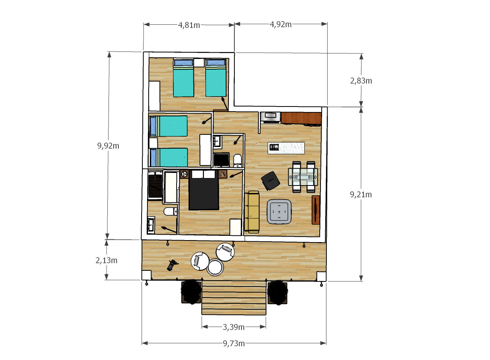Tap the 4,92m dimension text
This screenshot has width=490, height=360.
[281, 24]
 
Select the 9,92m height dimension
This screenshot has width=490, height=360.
[108, 146]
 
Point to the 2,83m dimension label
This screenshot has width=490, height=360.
[361, 81]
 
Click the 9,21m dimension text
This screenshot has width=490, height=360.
[361, 195]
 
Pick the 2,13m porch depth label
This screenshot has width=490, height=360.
[106, 261]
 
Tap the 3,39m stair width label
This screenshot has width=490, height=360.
[234, 327]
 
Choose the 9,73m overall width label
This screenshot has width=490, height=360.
[234, 343]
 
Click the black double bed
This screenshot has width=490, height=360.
[204, 190]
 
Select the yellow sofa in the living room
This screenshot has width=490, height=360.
[252, 211]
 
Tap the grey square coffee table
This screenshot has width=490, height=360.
[279, 211]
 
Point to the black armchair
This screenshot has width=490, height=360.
[271, 181]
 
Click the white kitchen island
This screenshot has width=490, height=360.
[286, 148]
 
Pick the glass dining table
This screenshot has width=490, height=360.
[303, 177]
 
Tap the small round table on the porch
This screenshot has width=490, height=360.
[215, 267]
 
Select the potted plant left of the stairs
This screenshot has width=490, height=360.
[191, 292]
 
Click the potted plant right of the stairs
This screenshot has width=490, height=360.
[277, 292]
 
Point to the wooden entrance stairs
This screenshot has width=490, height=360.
[234, 298]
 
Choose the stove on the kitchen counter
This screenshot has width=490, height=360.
[271, 118]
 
